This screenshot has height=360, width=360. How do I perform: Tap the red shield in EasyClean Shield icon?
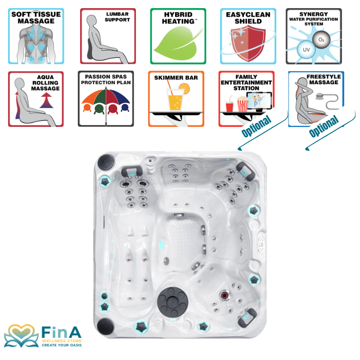click(248, 43)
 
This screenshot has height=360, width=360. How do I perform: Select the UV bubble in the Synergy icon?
click(306, 49)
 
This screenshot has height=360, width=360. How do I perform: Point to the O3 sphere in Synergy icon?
click(321, 40)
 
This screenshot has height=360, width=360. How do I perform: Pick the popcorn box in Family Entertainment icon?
click(243, 104)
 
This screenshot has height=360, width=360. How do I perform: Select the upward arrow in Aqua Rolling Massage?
click(46, 100)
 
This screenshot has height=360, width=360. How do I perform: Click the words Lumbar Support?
click(117, 17)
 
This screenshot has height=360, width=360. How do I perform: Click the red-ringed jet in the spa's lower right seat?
click(224, 295)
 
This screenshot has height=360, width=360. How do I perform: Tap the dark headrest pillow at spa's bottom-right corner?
click(247, 318)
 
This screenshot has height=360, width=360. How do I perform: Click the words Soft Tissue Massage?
click(36, 18)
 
